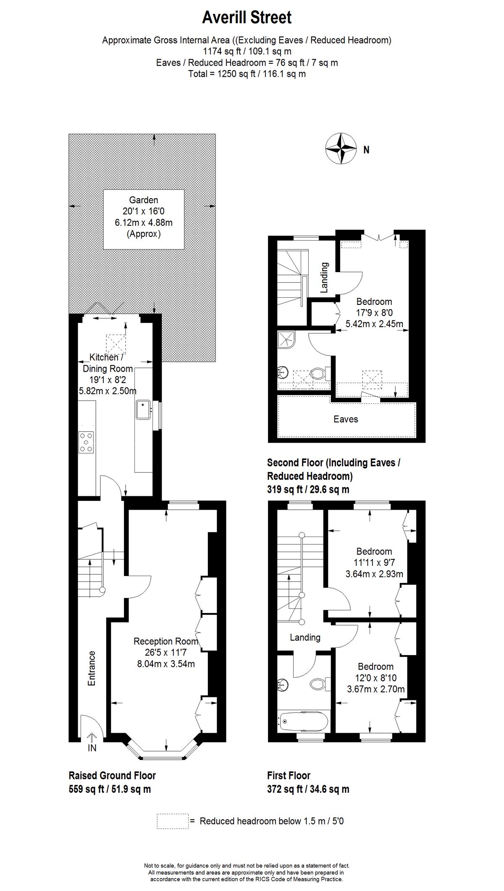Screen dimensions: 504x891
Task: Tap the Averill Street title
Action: point(247,18)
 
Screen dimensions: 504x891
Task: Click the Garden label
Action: point(144,200)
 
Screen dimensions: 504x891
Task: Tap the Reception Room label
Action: point(166,641)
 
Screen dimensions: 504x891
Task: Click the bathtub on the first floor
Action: point(302,721)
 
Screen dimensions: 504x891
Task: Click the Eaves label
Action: point(346,419)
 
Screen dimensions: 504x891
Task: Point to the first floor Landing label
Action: point(305,637)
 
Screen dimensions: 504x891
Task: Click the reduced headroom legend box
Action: point(172,821)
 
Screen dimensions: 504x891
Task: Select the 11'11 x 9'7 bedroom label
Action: point(374,563)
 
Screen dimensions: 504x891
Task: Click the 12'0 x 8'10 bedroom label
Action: point(376,678)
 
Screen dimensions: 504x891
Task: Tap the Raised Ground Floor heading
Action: point(112,776)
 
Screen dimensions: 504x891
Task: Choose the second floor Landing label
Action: point(324,277)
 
